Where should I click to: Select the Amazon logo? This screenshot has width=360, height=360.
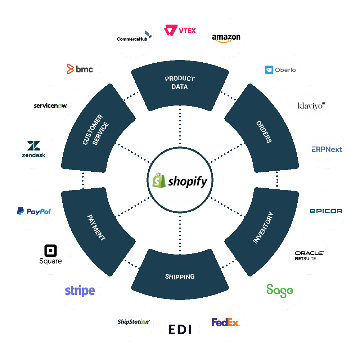[x=226, y=37]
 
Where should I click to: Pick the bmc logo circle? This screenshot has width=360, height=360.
[x=80, y=69]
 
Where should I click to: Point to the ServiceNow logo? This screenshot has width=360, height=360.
[x=50, y=105]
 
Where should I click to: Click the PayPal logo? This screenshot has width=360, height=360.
[x=34, y=211]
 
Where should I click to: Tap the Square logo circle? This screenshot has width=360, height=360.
[x=50, y=255]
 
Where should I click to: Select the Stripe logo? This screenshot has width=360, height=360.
[x=80, y=291]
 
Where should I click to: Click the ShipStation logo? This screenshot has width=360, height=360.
[x=134, y=322]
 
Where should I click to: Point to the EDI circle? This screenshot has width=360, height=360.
[x=180, y=329]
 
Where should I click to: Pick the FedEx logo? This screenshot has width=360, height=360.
[x=226, y=322]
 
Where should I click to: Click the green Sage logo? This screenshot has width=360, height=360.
[x=280, y=291]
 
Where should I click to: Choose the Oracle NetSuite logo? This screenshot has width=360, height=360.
[x=309, y=255]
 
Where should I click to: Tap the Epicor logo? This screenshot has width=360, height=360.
[x=326, y=211]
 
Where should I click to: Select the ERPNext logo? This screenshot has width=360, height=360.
[x=326, y=149]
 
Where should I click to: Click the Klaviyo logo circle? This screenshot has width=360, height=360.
[x=309, y=105]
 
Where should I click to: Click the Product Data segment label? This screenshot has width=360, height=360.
[x=180, y=82]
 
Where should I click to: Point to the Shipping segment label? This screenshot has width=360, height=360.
[x=180, y=276]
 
